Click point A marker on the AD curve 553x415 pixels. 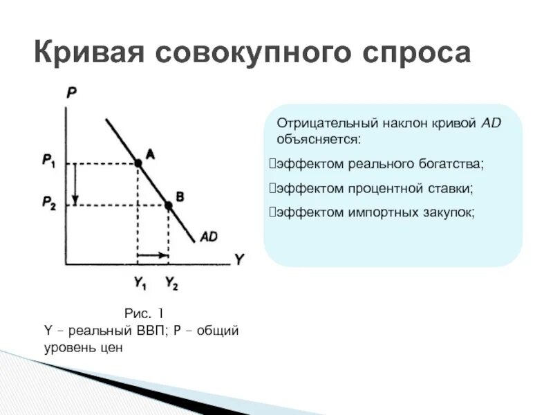pyautogui.click(x=138, y=163)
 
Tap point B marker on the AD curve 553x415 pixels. pyautogui.click(x=168, y=205)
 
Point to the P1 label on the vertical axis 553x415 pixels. pyautogui.click(x=48, y=161)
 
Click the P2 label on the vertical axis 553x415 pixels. pyautogui.click(x=48, y=203)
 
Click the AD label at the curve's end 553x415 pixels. pyautogui.click(x=209, y=237)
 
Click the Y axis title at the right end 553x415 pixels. pyautogui.click(x=238, y=260)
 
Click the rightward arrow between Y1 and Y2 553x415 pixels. pyautogui.click(x=153, y=257)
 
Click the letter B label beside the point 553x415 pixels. pyautogui.click(x=180, y=197)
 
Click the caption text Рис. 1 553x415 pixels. pyautogui.click(x=143, y=313)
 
